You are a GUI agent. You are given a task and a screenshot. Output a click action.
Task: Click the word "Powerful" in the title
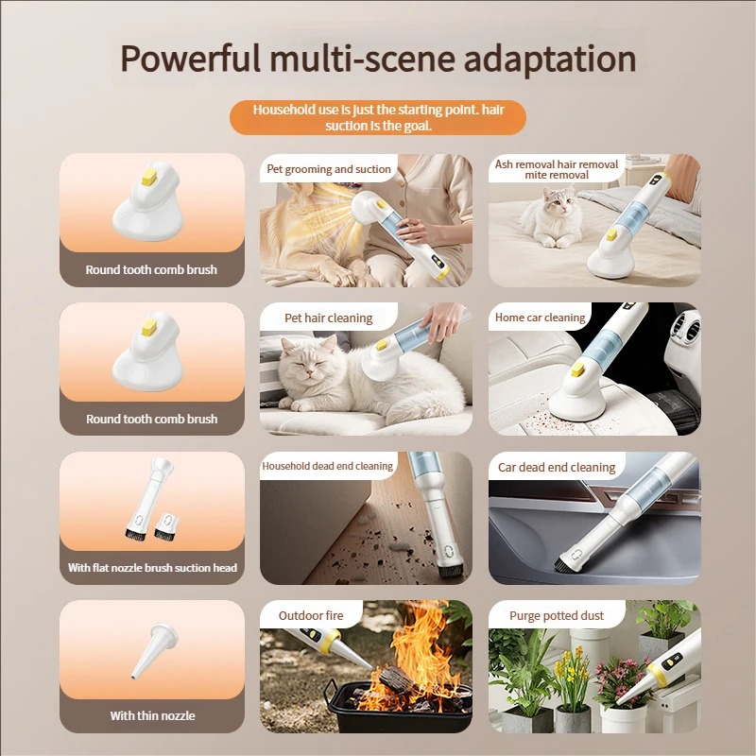point(191,60)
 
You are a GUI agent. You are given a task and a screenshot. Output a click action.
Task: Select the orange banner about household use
point(378,117)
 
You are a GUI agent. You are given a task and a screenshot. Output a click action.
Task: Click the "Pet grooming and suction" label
point(329,169)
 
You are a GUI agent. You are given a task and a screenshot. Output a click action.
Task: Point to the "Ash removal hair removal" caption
point(557,164)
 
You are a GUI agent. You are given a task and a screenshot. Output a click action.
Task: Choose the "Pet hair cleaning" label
point(328,318)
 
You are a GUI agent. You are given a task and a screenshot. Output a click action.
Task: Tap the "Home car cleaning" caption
point(540,318)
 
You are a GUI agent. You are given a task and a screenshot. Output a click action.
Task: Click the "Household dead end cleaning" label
point(327,466)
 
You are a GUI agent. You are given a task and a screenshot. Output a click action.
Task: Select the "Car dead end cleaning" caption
point(557,467)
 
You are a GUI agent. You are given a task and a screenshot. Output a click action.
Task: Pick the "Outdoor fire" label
point(311,615)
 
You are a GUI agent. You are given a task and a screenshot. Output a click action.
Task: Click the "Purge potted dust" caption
point(557,616)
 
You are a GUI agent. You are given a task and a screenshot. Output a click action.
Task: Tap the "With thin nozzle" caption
point(152,715)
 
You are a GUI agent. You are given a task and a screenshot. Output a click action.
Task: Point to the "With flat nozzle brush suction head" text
point(152,568)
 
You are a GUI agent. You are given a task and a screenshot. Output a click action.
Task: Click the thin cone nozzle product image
point(154,651)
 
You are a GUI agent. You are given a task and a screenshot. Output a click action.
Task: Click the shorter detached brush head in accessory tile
point(167,525)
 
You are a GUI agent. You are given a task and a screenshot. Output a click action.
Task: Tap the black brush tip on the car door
point(561,565)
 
